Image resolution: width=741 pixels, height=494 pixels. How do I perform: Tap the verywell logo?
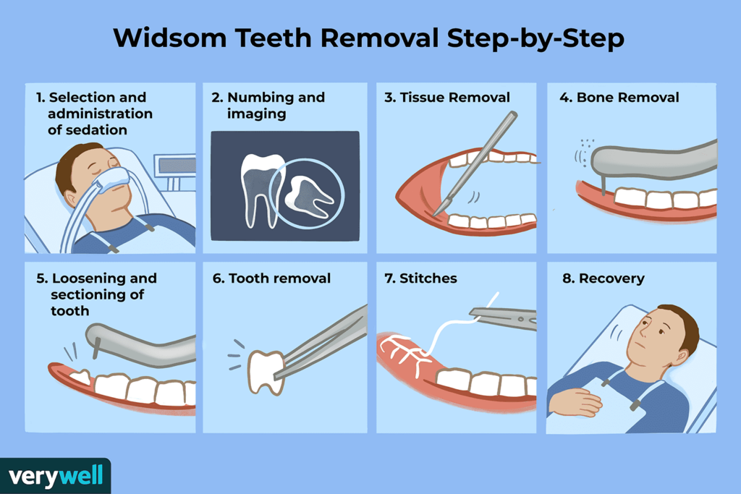tap(55, 476)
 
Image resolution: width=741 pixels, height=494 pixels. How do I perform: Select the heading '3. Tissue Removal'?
tap(447, 98)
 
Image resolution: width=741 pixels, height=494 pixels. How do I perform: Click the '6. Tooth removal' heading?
tap(271, 278)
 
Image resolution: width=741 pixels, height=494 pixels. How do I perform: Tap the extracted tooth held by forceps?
tap(263, 370)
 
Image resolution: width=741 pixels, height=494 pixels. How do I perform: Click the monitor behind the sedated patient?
tap(177, 166)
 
